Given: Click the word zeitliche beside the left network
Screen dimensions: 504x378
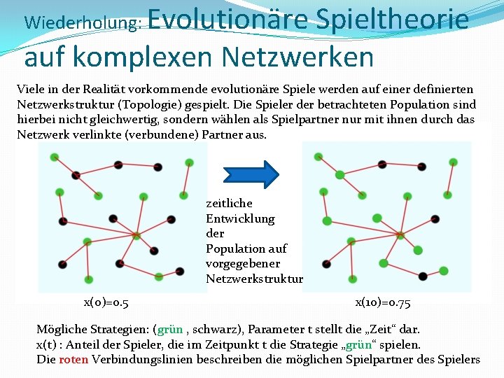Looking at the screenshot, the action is click(x=229, y=203).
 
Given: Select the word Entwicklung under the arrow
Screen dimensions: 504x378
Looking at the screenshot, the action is click(x=240, y=218).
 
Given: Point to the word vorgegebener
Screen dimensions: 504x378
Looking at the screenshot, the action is click(x=243, y=264).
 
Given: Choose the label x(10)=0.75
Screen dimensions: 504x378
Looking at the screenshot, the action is click(x=383, y=302).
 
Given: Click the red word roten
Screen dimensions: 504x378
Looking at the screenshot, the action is click(x=73, y=360).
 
